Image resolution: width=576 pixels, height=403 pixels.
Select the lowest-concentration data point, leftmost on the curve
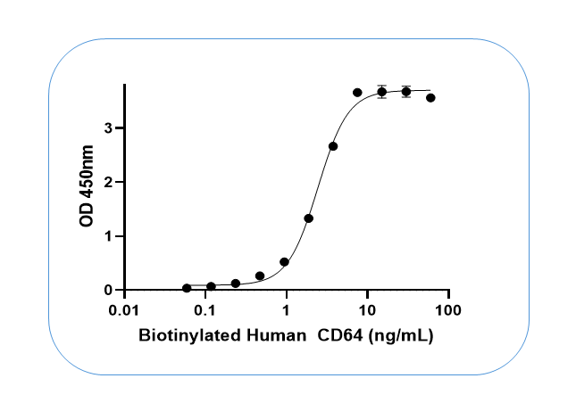[187, 288]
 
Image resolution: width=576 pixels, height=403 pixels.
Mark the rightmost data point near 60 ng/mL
[430, 97]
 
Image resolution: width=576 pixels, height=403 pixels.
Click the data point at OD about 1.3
[308, 218]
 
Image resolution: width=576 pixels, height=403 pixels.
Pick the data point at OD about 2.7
[333, 146]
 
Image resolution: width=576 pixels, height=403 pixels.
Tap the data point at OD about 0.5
[284, 262]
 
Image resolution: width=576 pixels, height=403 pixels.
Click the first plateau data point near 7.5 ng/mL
[357, 93]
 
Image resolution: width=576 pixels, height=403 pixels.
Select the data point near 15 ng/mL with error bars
[381, 92]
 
